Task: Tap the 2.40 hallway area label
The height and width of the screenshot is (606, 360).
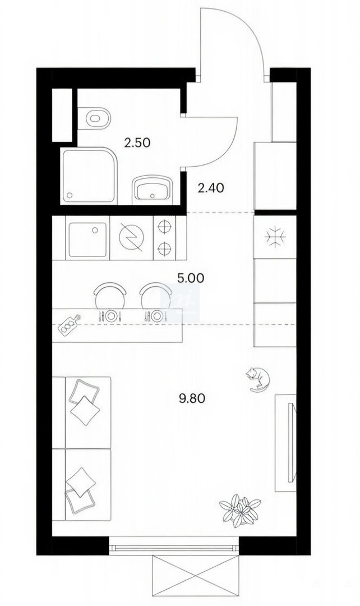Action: [210, 188]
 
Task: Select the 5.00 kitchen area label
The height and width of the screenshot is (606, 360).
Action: [190, 278]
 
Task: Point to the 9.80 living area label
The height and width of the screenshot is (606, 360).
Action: [192, 398]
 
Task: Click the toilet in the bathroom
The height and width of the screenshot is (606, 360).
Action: [94, 118]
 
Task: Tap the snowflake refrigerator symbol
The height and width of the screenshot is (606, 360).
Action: [275, 237]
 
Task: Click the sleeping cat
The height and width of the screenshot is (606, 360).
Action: [257, 379]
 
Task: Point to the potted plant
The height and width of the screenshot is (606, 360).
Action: [239, 508]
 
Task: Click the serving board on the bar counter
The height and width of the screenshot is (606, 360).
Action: [70, 323]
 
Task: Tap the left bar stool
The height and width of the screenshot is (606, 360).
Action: [110, 296]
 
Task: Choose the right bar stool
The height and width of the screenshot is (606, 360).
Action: [155, 296]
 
